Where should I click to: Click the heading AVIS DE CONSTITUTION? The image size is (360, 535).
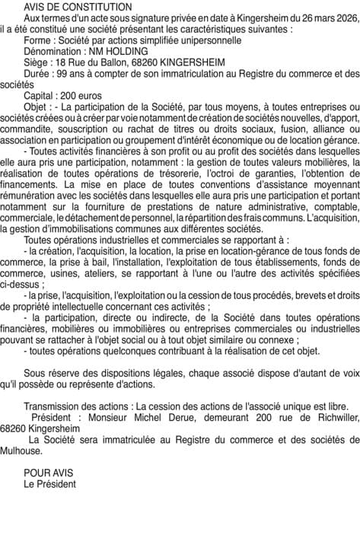pos(78,6)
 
